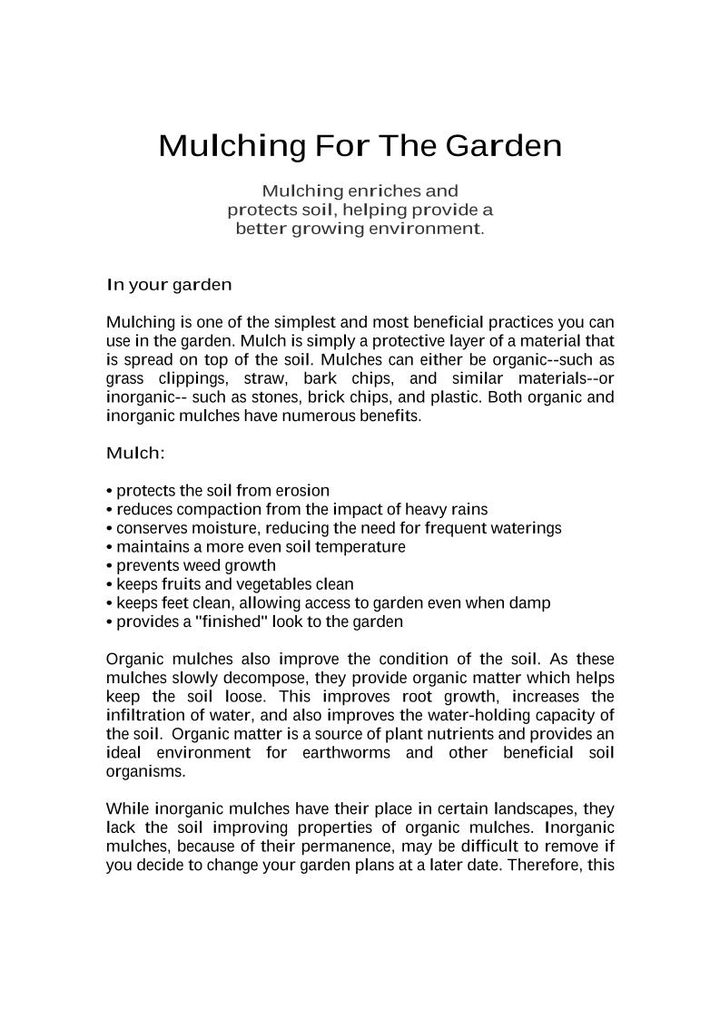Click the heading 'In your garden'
169,285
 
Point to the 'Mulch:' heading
135,453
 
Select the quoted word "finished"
226,622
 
